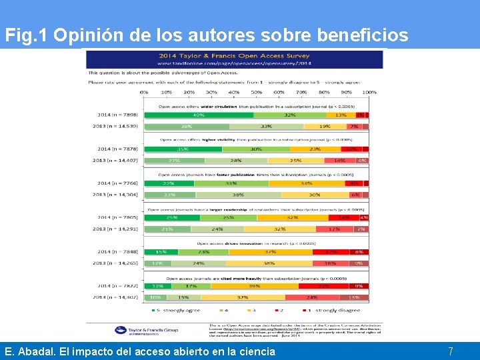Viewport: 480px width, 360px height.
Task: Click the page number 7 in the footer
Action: point(451,351)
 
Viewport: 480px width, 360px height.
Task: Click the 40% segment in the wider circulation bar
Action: point(199,115)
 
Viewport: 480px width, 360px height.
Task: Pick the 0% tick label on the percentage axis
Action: point(144,92)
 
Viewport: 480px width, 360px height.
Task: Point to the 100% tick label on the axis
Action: point(369,92)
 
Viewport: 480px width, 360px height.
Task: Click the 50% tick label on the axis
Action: point(257,92)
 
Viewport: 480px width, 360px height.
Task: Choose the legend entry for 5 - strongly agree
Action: point(176,310)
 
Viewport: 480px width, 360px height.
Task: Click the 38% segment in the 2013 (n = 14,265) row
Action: point(270,263)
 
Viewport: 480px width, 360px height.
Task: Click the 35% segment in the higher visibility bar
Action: point(183,149)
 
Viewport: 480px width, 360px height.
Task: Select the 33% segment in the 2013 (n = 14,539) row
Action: point(266,126)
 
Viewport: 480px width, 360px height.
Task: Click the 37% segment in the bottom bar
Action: point(243,297)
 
